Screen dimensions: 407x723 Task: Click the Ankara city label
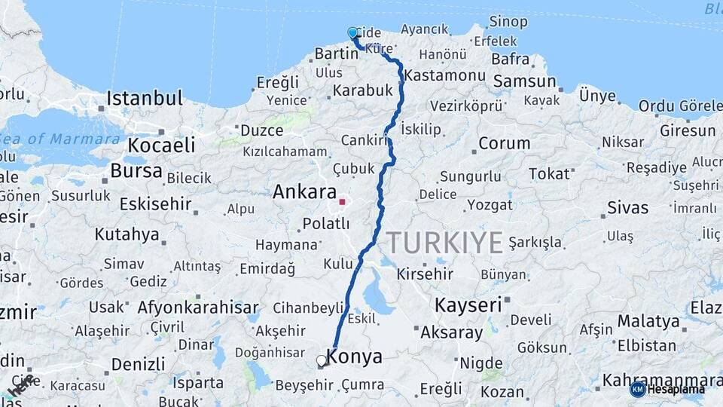pyautogui.click(x=304, y=191)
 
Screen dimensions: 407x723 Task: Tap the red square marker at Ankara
pyautogui.click(x=342, y=202)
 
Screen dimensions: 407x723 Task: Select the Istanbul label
pyautogui.click(x=145, y=98)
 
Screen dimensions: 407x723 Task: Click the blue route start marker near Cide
pyautogui.click(x=352, y=32)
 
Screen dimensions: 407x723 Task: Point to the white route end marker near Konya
pyautogui.click(x=322, y=361)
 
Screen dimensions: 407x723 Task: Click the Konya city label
pyautogui.click(x=355, y=357)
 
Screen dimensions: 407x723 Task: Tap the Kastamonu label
pyautogui.click(x=444, y=76)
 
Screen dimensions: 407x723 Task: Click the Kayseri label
pyautogui.click(x=468, y=305)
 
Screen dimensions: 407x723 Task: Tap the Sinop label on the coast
pyautogui.click(x=508, y=22)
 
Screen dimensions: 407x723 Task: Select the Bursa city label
pyautogui.click(x=136, y=171)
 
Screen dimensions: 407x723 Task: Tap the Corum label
pyautogui.click(x=504, y=143)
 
